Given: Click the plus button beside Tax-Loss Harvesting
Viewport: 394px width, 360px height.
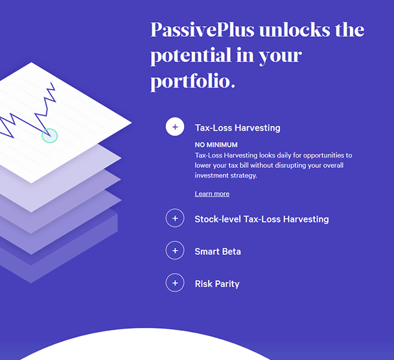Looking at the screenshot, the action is tap(175, 126).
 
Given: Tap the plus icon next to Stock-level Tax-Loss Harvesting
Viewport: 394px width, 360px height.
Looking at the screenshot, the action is tap(175, 218).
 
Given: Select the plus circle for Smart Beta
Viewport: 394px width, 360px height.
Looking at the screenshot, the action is tap(175, 250).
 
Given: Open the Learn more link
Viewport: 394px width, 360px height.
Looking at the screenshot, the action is tap(212, 194).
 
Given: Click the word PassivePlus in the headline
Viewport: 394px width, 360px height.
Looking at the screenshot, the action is tap(203, 30).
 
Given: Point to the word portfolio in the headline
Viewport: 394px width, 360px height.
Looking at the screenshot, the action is tap(190, 82).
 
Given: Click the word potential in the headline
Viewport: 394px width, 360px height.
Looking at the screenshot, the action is tap(191, 55).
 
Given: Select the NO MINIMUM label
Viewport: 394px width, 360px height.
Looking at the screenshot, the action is tap(216, 145).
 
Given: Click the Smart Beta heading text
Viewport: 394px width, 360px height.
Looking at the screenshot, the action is tap(218, 252).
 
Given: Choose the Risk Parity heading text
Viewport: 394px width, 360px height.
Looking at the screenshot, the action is tap(217, 284).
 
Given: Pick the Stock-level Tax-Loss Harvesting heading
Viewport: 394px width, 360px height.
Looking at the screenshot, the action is tap(262, 219).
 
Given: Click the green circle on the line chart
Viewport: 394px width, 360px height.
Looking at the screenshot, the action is tap(50, 136).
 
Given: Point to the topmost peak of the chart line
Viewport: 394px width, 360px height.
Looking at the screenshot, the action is tap(51, 82).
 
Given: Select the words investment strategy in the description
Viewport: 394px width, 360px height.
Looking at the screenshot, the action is tap(226, 176).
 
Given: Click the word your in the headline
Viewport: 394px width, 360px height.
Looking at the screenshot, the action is tap(281, 56).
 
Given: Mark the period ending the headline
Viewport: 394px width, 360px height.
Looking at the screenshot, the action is tap(233, 86).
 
